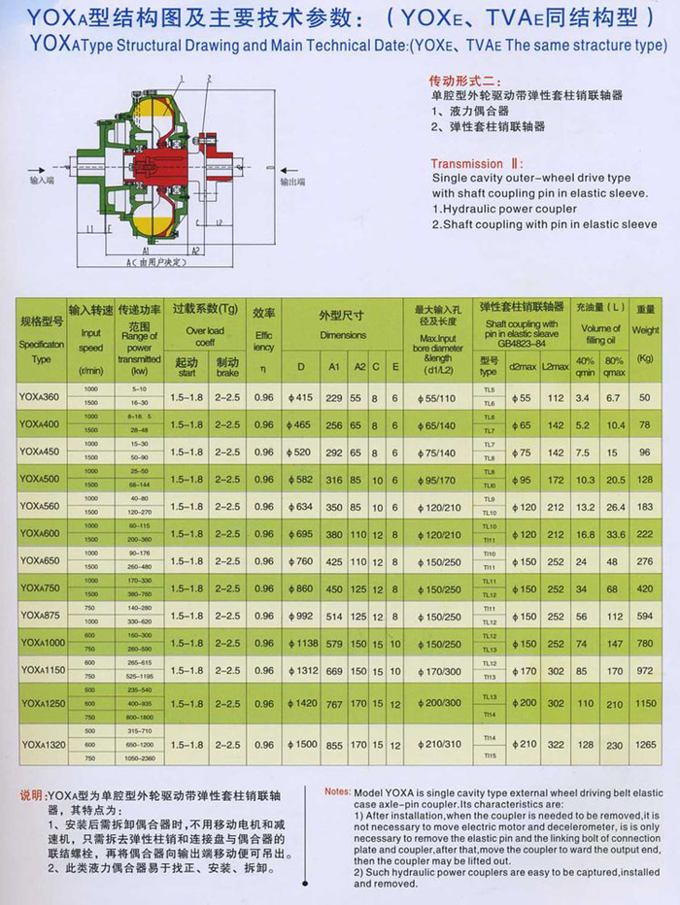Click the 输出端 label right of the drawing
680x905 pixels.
coord(292,182)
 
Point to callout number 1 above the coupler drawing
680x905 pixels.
coord(181,79)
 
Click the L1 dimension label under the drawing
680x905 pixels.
coord(87,230)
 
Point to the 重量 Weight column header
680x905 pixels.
coord(645,318)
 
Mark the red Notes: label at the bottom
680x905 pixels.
coord(338,790)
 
